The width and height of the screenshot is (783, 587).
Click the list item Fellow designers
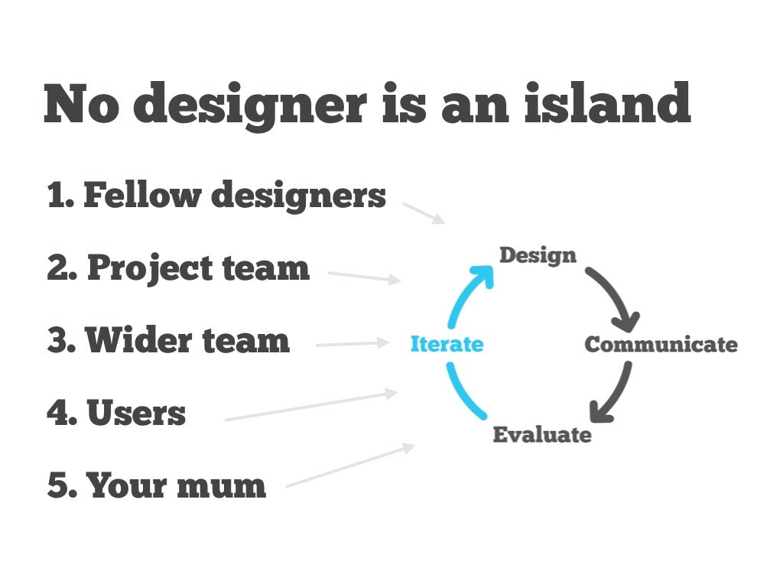click(x=216, y=196)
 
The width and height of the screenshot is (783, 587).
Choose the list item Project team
click(x=178, y=268)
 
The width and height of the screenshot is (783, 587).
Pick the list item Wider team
click(x=168, y=341)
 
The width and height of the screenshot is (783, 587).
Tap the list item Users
click(x=116, y=413)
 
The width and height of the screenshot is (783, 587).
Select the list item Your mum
click(x=157, y=486)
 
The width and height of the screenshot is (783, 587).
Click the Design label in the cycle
click(x=537, y=255)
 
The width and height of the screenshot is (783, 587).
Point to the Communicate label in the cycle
click(x=661, y=345)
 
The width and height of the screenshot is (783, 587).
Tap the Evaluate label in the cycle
click(x=541, y=435)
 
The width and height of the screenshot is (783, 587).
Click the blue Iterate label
click(x=447, y=345)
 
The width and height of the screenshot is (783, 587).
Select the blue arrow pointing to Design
click(x=468, y=290)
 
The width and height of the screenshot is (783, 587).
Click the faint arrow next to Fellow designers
click(x=424, y=213)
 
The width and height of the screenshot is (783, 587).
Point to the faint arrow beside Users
click(x=311, y=407)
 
